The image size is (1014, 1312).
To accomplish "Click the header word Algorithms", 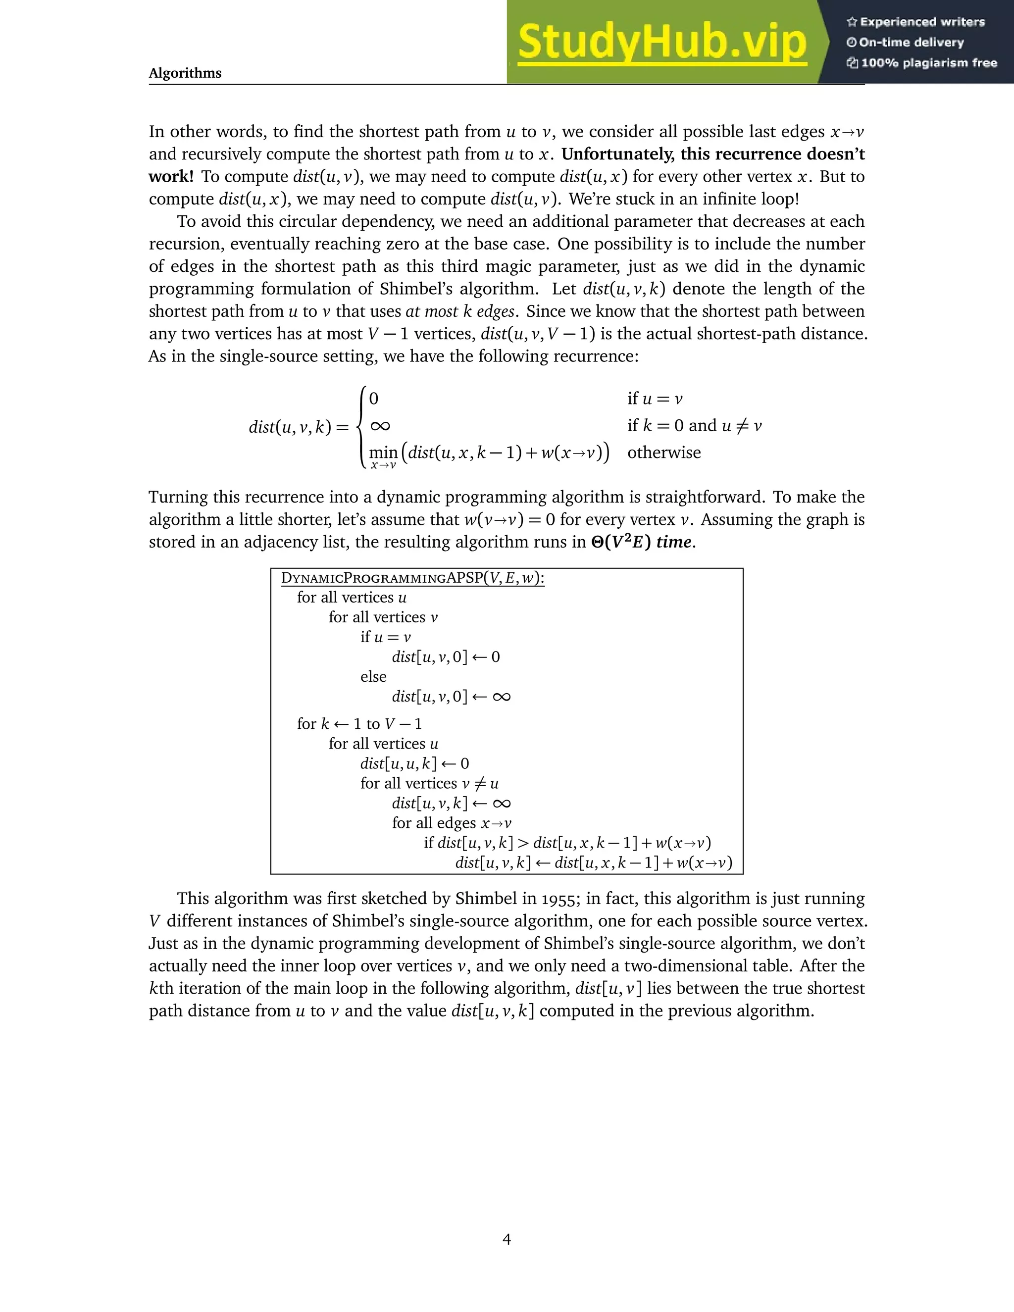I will pos(185,73).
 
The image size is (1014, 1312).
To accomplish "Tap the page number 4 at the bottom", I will pos(507,1239).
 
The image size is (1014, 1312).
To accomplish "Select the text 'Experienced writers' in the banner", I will pos(922,22).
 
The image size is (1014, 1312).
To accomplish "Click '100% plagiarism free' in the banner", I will pos(929,63).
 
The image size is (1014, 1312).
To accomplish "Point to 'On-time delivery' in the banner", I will pos(911,43).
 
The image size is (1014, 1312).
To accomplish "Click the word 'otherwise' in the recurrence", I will pos(664,453).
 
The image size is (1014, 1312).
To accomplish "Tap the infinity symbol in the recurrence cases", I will pos(380,426).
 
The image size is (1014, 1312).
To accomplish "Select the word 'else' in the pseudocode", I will pos(373,677).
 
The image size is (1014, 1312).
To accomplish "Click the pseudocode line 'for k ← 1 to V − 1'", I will pos(359,724).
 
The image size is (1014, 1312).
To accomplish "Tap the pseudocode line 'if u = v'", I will pos(385,637).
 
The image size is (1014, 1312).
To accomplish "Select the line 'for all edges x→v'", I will pos(452,823).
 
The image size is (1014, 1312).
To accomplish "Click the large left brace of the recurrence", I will pos(360,426).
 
